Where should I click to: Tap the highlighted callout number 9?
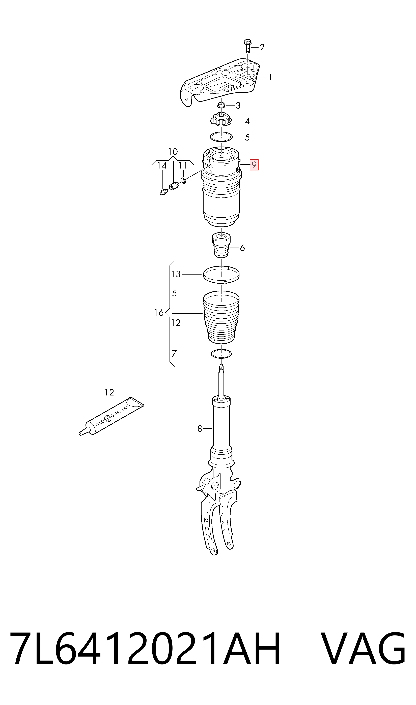click(254, 165)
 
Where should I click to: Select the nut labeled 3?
click(221, 105)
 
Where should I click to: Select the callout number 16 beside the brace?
click(159, 313)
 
